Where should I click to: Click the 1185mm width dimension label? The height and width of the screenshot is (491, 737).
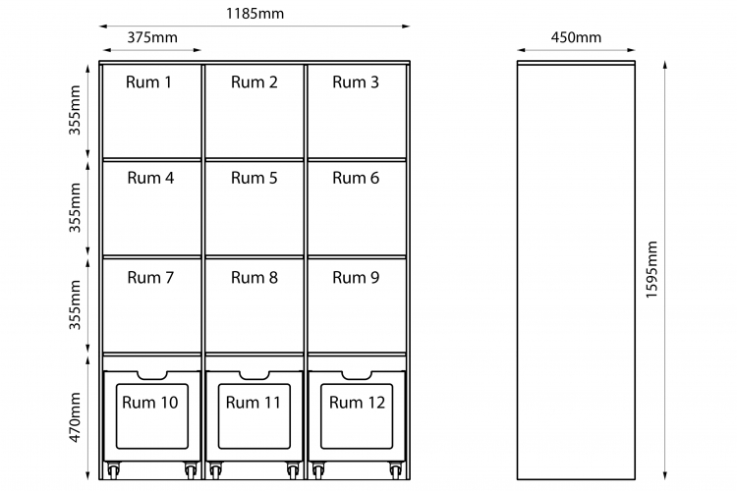[x=255, y=13]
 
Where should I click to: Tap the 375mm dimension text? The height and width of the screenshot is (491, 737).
[x=152, y=37]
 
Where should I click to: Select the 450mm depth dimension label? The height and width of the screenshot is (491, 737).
[x=576, y=37]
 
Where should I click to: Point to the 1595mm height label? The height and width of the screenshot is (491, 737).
[x=651, y=269]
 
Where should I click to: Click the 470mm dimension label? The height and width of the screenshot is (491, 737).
[x=75, y=417]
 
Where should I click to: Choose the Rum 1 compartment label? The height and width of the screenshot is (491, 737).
[x=148, y=82]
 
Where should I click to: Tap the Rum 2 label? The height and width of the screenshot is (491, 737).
[x=254, y=82]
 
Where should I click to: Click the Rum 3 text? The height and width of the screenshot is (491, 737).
[x=356, y=82]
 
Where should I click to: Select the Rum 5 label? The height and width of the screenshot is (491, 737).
[x=254, y=178]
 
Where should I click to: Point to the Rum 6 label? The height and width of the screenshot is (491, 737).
[x=356, y=178]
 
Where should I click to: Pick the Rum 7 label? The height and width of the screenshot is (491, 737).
[x=150, y=278]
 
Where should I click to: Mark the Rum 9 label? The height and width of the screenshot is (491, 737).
[x=356, y=278]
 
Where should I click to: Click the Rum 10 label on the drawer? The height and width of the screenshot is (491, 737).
[x=150, y=403]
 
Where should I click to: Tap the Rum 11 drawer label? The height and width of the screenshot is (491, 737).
[x=253, y=403]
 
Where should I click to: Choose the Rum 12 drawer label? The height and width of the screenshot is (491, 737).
[x=357, y=403]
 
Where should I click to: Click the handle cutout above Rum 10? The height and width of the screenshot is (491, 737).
[x=151, y=375]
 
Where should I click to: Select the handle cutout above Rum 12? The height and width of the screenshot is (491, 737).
[x=358, y=375]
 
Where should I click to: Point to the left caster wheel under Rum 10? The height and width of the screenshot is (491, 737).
[x=113, y=469]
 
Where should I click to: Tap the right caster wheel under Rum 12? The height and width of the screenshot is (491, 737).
[x=396, y=469]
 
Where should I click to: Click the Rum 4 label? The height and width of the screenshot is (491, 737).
[x=150, y=178]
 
